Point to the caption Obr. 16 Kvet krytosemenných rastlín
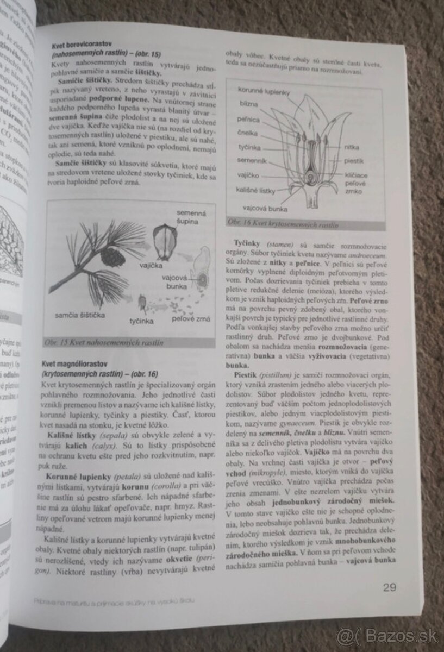(283, 223)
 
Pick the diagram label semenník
(252, 162)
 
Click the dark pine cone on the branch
(113, 255)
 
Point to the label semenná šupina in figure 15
(187, 217)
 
